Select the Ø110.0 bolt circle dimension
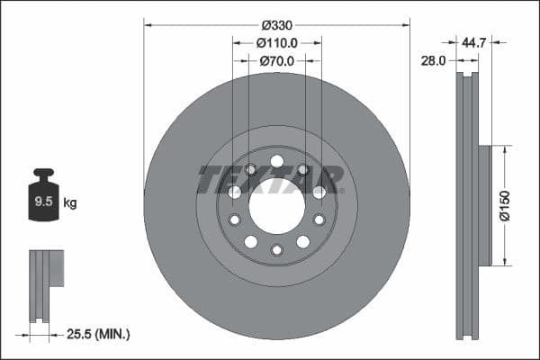[277, 42]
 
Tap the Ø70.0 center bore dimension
[277, 61]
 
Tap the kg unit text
[70, 203]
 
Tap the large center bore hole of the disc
[276, 205]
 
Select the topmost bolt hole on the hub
[276, 162]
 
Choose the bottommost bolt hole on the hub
[276, 249]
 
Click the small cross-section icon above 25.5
[46, 285]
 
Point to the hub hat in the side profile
[484, 205]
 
